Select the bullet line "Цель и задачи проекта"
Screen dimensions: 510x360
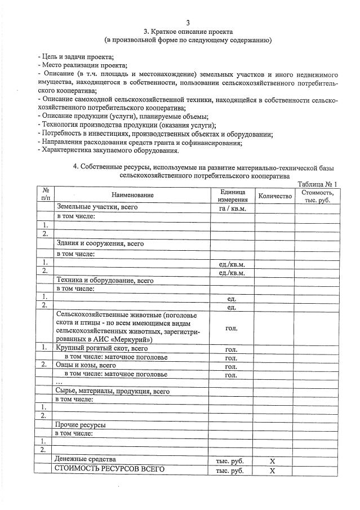coord(76,57)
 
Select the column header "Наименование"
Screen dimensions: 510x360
coord(132,195)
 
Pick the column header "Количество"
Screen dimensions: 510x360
coord(274,196)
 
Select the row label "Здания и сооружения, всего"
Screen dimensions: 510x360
coord(100,244)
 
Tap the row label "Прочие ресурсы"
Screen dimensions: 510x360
coord(81,424)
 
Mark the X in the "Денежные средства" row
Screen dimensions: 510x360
coord(272,461)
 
